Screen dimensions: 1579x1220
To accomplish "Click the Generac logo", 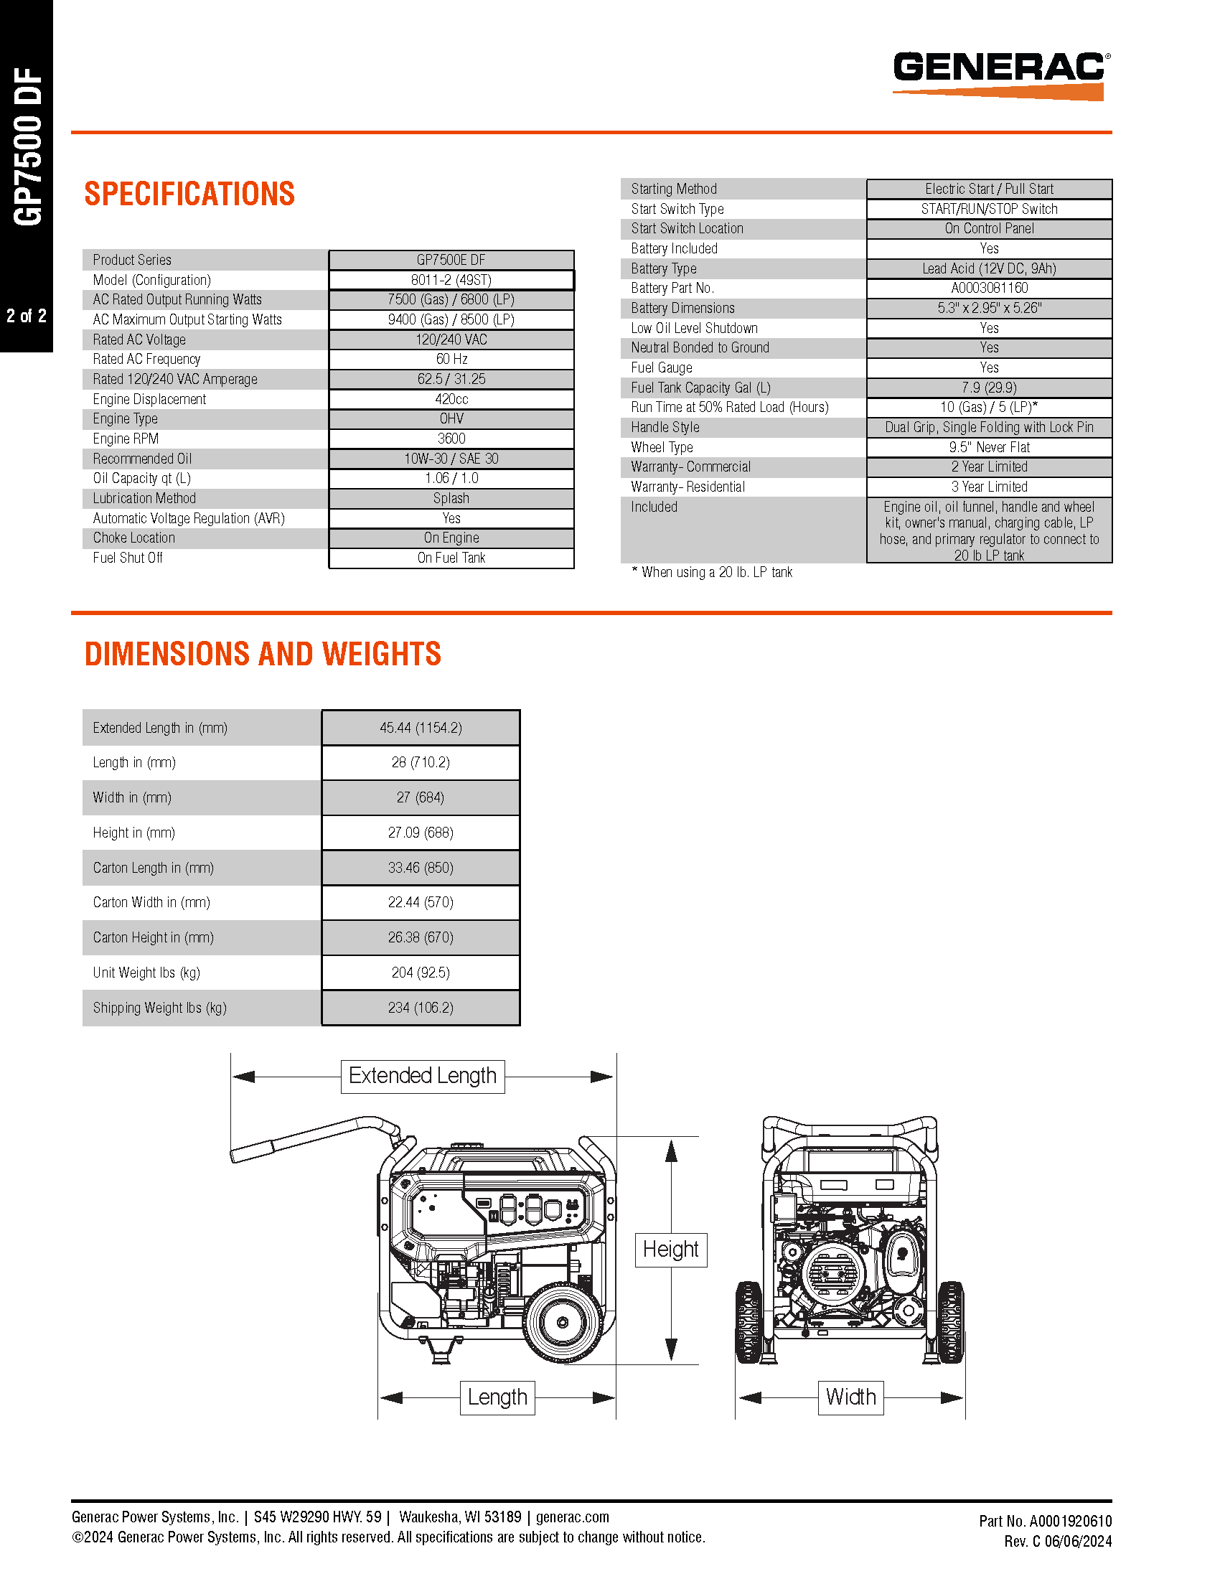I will coord(1000,75).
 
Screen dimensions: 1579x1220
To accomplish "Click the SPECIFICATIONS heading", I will coord(189,194).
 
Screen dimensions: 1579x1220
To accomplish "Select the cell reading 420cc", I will coord(451,399).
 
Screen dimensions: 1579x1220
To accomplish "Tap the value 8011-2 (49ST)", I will coord(451,280).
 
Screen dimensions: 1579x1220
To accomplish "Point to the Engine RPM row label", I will coord(126,439).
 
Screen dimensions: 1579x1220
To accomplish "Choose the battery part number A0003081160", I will coord(989,288).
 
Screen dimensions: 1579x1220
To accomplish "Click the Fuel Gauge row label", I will coord(662,367).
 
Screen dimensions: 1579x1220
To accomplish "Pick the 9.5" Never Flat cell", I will coord(989,447).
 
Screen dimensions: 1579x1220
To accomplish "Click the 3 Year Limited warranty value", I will coord(989,487).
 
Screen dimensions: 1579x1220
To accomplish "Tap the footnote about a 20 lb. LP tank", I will coord(712,572).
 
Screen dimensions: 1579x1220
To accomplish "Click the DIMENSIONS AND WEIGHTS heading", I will coord(263,654).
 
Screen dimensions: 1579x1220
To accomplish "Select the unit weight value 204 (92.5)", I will coord(421,973).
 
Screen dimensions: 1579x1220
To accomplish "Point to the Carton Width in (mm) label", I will coord(151,902).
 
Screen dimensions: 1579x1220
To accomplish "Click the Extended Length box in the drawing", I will coord(423,1076).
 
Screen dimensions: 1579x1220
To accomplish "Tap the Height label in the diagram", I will coord(671,1250).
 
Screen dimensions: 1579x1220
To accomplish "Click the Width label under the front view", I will coord(850,1397).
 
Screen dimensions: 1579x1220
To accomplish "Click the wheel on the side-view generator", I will coord(563,1321).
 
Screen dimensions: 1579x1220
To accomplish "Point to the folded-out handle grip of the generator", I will coord(253,1149).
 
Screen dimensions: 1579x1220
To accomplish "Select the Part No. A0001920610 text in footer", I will coord(1045,1521).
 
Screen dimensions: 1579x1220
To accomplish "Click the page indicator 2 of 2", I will coord(27,316).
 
